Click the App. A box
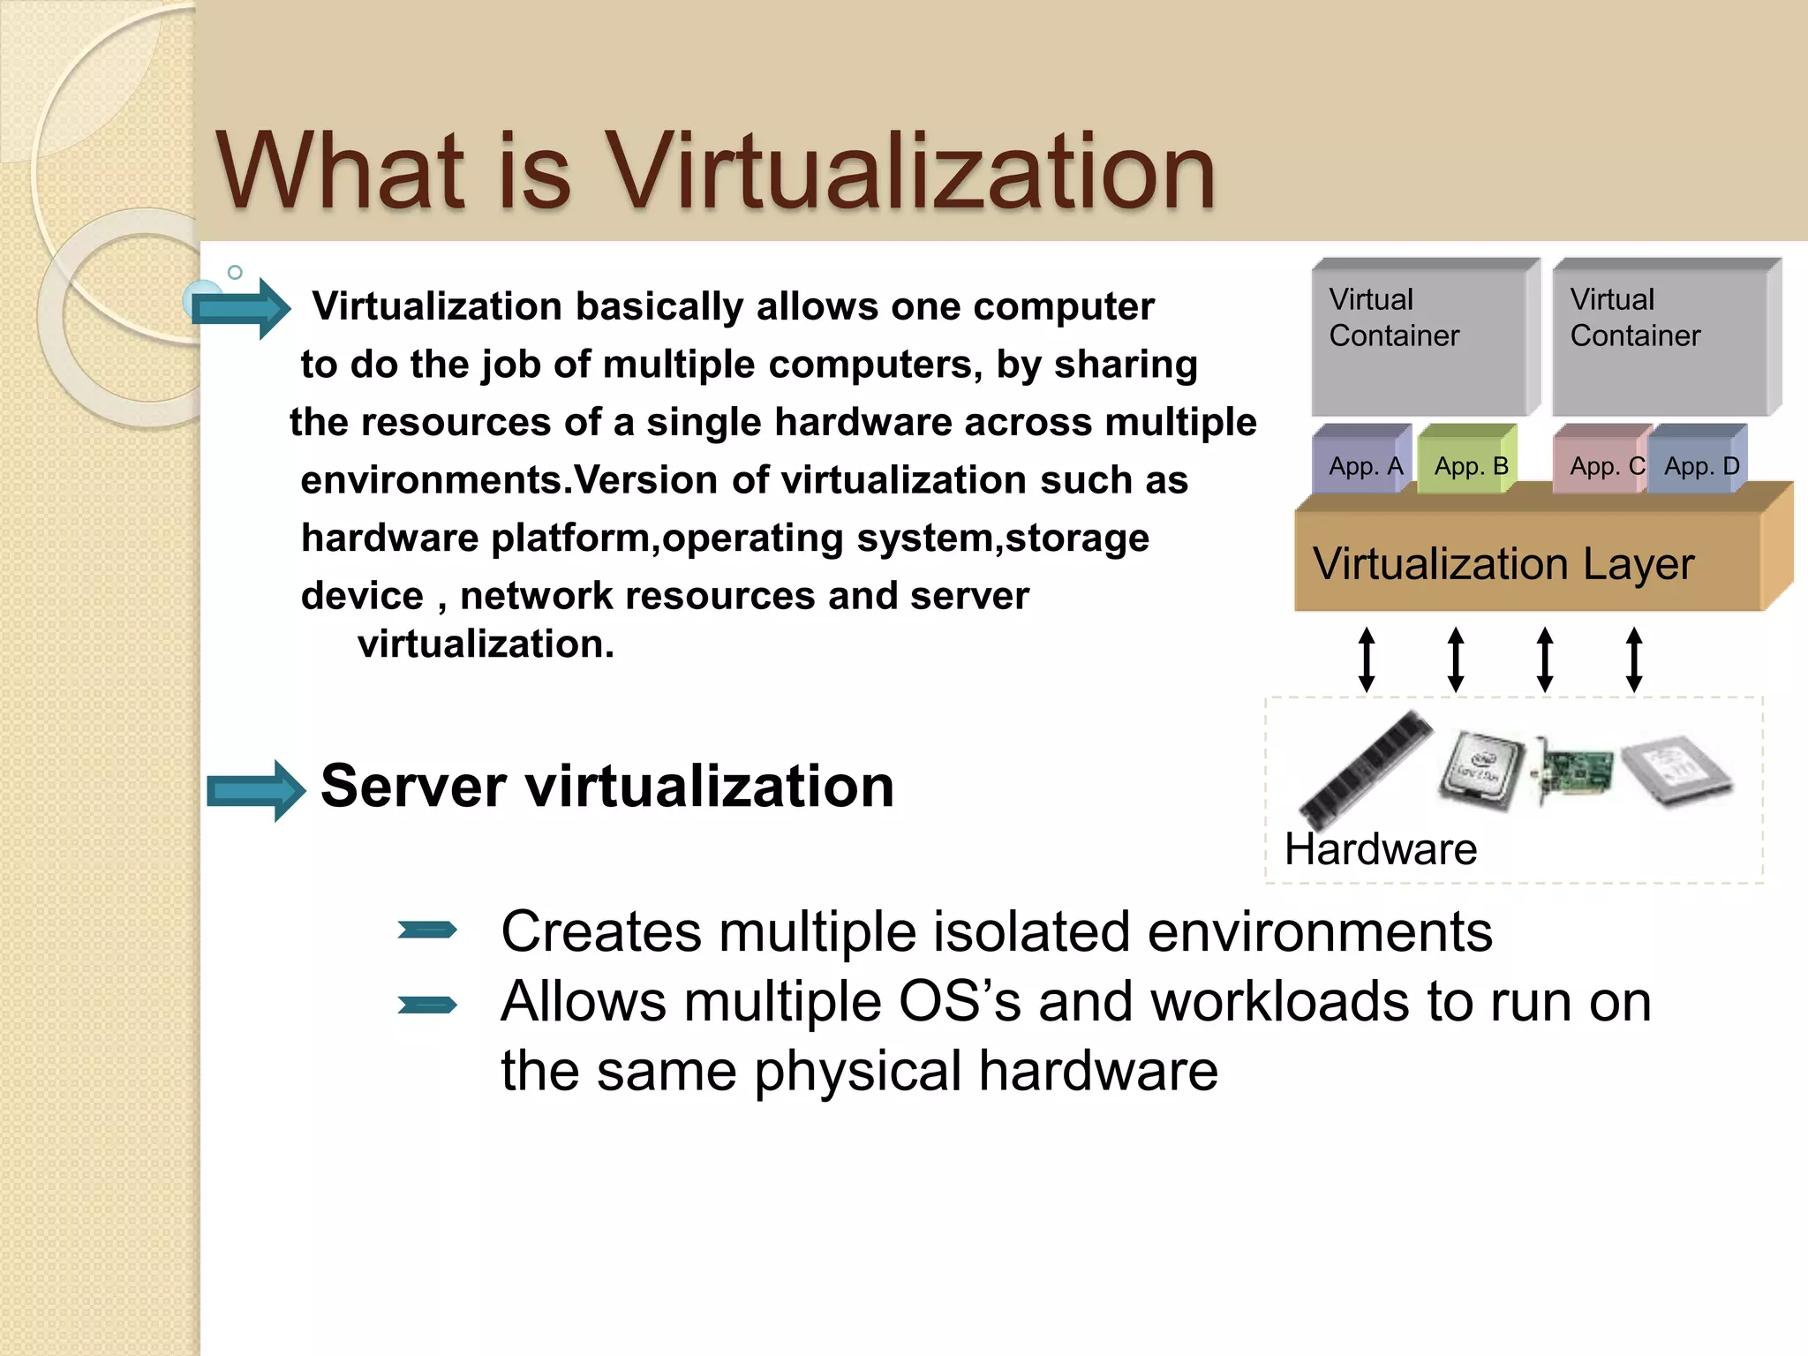(1364, 463)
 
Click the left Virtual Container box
(1423, 340)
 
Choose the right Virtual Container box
(1664, 340)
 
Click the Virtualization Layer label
(1503, 564)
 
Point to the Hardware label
(1380, 849)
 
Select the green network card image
(1576, 770)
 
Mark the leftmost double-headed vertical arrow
(1367, 659)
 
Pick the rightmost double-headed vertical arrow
(1634, 659)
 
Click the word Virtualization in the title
(912, 171)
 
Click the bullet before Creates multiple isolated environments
(427, 930)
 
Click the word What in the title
(342, 171)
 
